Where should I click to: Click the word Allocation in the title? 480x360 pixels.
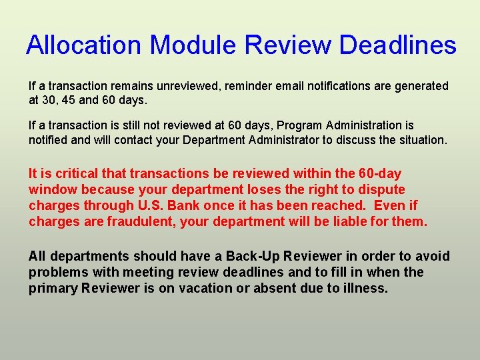[83, 45]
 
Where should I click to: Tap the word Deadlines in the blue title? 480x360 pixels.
[397, 45]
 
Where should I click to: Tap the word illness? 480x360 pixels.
[363, 289]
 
